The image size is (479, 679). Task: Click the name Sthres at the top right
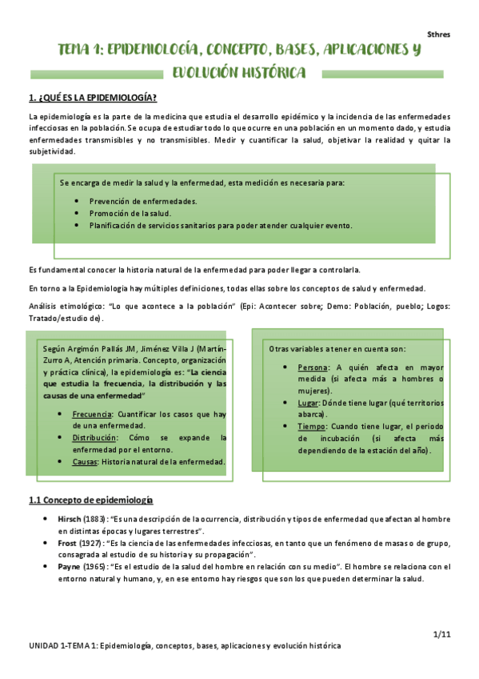(438, 35)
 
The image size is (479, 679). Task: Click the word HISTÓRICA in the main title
(266, 74)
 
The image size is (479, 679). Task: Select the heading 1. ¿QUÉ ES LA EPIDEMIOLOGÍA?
(93, 98)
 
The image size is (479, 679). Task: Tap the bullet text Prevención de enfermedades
(143, 201)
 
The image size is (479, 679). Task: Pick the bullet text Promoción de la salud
(130, 213)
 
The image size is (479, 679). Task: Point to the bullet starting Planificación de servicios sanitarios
(220, 226)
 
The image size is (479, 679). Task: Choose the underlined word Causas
(86, 462)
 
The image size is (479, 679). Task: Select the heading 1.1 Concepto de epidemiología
(90, 500)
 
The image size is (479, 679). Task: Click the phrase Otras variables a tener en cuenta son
(337, 348)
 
